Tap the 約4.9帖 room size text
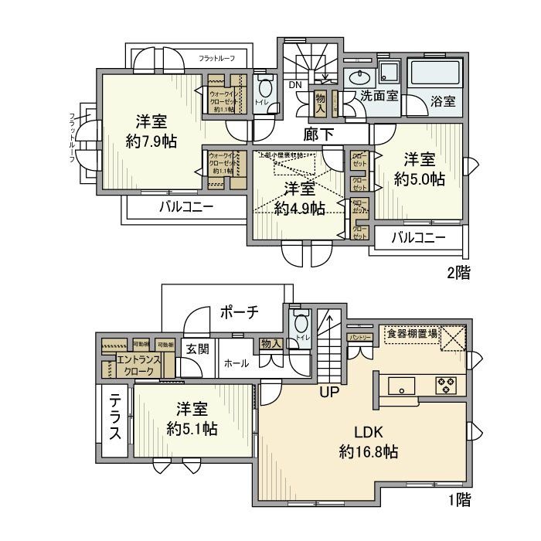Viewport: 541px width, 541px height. (298, 208)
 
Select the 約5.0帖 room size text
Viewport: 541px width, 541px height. (419, 179)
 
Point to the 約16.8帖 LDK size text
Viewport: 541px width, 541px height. (368, 452)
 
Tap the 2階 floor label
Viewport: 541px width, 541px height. (458, 272)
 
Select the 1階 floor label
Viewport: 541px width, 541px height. (458, 500)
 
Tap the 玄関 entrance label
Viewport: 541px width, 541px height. (196, 349)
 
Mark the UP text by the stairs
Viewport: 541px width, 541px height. (330, 392)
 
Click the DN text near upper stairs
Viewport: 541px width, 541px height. (296, 85)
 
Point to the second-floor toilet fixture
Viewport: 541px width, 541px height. (265, 90)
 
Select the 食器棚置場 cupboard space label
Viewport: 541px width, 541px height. (410, 334)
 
